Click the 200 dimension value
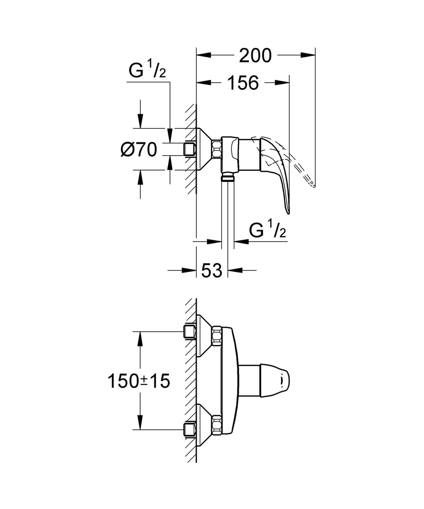point(255,55)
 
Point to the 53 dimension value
point(212,270)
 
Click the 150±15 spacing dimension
point(138,381)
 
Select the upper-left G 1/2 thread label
point(147,72)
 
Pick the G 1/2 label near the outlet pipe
point(268,231)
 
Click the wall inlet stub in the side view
point(190,149)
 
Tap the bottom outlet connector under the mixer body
point(228,177)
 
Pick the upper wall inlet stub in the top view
point(189,332)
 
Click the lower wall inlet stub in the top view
point(189,429)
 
